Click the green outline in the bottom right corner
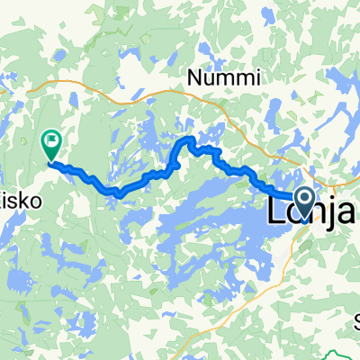(x=342, y=353)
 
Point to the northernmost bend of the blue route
(x=190, y=139)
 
